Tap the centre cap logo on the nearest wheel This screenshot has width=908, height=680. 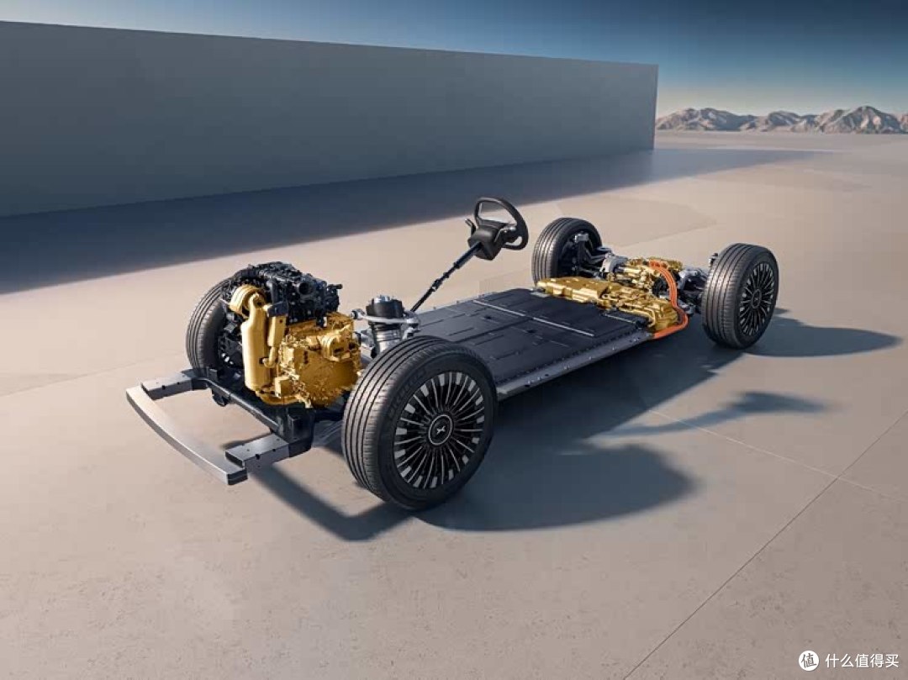[440, 430]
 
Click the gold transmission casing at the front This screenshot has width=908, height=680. [315, 359]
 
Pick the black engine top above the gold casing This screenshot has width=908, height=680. [284, 289]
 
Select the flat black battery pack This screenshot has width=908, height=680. [533, 335]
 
